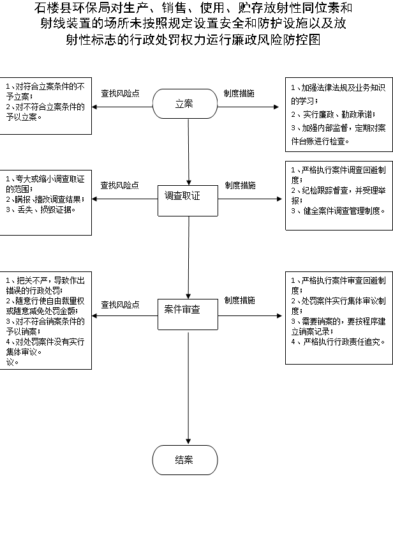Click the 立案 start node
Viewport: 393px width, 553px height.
click(x=185, y=103)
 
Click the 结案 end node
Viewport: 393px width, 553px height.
click(x=185, y=460)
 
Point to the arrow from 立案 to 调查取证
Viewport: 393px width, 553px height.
click(x=189, y=152)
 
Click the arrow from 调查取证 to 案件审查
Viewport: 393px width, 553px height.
click(x=189, y=257)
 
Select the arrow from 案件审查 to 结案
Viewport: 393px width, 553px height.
click(x=189, y=388)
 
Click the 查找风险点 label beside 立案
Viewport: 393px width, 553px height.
click(x=120, y=93)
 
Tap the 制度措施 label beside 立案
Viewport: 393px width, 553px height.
click(x=239, y=93)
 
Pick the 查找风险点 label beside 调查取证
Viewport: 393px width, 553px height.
click(x=120, y=186)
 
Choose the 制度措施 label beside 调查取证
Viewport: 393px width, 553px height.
click(x=241, y=186)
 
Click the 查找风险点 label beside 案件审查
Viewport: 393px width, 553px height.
click(x=120, y=305)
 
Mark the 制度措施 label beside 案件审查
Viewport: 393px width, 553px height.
click(x=240, y=301)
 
